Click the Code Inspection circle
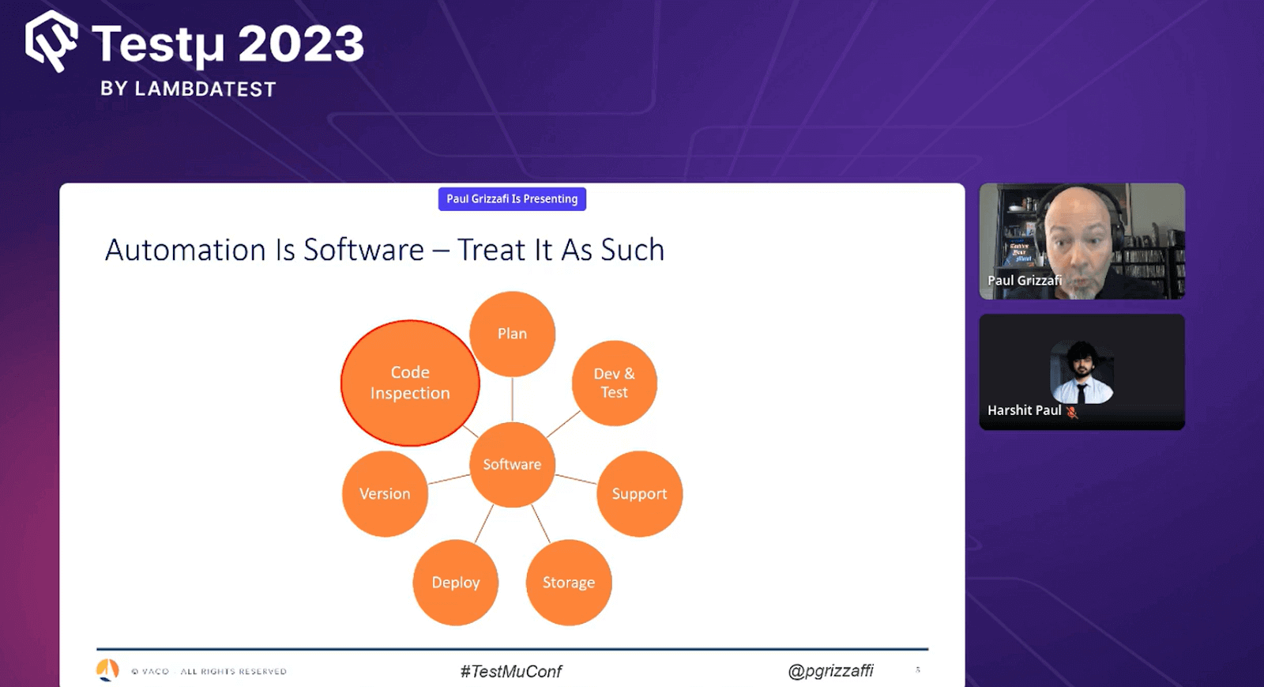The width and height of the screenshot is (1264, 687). coord(410,383)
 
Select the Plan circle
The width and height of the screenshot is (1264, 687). coord(512,334)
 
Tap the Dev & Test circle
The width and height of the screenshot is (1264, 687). coord(614,383)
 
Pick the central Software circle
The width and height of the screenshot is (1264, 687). coord(512,464)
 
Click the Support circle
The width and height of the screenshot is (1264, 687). coord(639,493)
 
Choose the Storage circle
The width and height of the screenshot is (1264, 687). coord(568,583)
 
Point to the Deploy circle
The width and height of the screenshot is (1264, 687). coord(455,583)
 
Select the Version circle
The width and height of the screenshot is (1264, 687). coord(385,493)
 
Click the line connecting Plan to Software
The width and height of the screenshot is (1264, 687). coord(512,399)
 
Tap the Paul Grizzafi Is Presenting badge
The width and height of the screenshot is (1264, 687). coord(512,199)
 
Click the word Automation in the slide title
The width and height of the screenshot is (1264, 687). coord(186,250)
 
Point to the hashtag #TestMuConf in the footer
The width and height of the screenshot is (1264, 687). coord(511,671)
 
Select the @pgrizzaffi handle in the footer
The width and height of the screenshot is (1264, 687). coord(830,670)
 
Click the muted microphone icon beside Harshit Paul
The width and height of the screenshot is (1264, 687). coord(1072,411)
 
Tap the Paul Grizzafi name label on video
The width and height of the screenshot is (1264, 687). coord(1024,281)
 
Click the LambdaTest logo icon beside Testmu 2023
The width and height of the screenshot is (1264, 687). coord(51,41)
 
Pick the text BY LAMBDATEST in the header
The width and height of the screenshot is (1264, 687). coord(188,89)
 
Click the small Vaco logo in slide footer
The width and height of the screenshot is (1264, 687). coord(107,670)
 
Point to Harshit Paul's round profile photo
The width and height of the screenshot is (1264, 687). coord(1082,372)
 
